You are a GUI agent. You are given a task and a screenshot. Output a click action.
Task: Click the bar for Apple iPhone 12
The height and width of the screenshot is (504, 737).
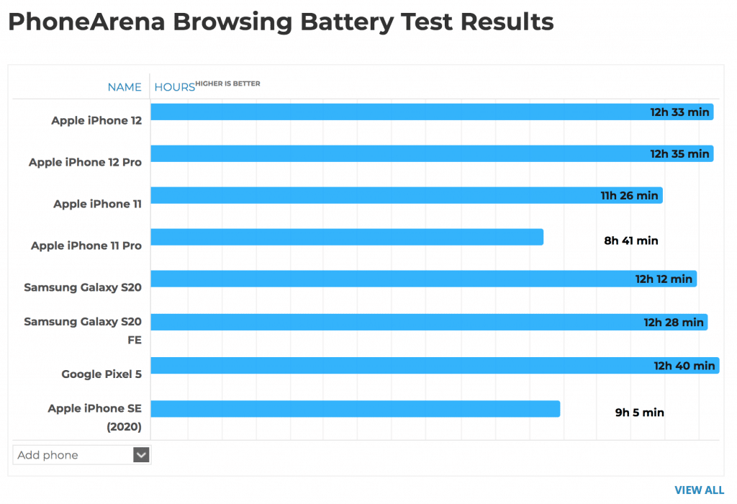tap(396, 112)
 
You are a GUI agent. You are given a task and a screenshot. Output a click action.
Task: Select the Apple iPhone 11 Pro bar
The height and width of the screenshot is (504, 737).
tap(346, 237)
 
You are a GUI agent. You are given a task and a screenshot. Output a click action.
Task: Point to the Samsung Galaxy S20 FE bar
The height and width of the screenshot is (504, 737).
tap(396, 322)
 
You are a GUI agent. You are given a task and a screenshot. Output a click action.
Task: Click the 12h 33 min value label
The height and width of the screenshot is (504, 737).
tap(679, 112)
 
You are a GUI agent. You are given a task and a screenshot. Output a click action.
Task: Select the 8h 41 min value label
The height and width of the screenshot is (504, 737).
tap(630, 240)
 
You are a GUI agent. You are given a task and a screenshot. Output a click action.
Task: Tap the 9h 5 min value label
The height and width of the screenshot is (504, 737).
tap(639, 413)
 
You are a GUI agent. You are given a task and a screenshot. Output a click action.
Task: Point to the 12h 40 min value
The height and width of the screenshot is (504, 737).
tap(684, 366)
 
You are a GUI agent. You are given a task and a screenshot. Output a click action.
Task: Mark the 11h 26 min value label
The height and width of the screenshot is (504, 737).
tap(629, 195)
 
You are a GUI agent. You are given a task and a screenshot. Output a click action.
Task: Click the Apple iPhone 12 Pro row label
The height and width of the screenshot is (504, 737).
tap(85, 163)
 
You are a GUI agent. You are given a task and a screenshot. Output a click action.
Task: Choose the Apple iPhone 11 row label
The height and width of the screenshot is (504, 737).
tap(97, 204)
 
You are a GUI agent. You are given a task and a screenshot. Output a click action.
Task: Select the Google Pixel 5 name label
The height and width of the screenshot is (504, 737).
tap(101, 374)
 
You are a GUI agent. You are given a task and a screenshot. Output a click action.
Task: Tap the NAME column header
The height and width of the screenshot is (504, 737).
tap(125, 87)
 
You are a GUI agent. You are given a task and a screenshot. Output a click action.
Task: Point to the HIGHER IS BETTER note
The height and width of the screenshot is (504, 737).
tap(228, 84)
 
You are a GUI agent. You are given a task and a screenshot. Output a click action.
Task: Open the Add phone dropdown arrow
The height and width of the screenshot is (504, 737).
tap(142, 455)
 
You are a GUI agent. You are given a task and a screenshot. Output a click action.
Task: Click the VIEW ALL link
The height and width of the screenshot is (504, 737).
tap(699, 490)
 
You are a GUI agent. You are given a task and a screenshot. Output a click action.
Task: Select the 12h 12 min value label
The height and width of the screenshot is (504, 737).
tap(664, 279)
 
